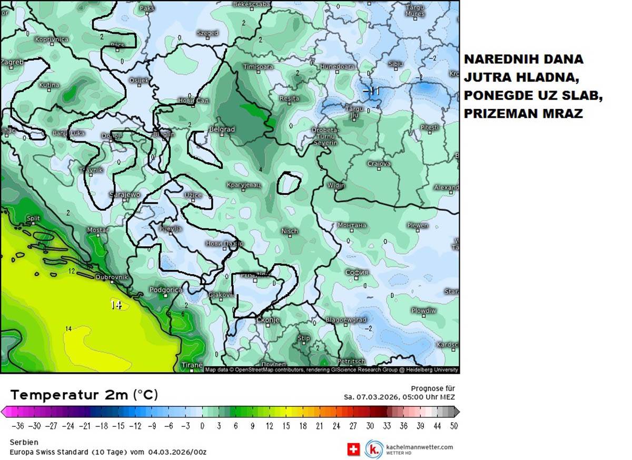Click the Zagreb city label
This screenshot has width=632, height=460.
click(12, 62)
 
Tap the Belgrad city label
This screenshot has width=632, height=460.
click(222, 129)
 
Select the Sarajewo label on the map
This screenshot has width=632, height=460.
click(125, 195)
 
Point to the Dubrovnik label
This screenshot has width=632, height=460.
click(112, 276)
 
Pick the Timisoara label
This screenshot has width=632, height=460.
click(258, 67)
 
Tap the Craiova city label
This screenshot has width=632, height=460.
click(379, 164)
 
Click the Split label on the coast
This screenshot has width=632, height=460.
click(33, 218)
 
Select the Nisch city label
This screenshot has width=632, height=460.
click(289, 231)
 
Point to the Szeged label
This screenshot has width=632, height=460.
click(207, 33)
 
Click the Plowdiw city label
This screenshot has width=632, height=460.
click(423, 311)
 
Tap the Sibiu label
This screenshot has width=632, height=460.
click(396, 64)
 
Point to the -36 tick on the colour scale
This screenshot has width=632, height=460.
click(18, 426)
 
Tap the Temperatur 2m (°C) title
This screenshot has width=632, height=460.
click(84, 395)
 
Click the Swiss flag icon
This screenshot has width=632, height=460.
click(353, 449)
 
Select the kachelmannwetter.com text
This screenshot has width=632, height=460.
click(419, 447)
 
